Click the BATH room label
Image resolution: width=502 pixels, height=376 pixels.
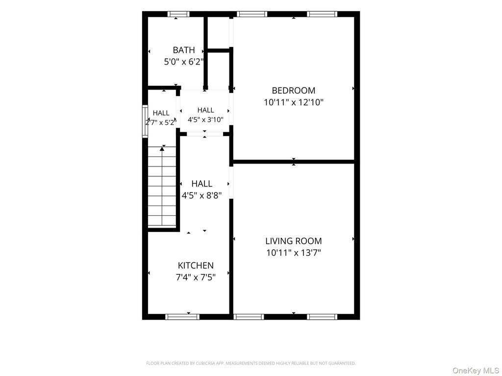point(184,50)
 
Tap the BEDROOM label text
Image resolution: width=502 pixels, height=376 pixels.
point(294,91)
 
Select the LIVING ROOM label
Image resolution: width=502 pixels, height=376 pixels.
point(294,241)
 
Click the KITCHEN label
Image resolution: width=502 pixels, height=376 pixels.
point(196,265)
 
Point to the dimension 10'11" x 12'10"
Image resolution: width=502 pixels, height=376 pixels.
point(294,102)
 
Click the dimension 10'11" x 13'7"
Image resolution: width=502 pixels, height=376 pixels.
point(294,253)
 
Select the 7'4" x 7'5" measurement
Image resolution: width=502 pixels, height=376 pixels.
point(196,277)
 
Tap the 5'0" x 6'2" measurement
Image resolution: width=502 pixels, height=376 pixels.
point(184,62)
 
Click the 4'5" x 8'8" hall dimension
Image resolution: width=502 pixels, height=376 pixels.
point(201,195)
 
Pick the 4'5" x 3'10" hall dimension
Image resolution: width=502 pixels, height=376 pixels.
point(205,120)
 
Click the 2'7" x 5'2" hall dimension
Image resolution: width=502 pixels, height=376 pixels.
point(161,122)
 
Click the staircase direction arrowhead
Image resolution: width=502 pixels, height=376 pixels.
point(162,149)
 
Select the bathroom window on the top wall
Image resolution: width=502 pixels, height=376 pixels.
point(178,14)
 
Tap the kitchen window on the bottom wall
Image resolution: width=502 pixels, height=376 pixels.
point(182,317)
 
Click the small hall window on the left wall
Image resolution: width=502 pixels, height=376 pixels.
point(145,121)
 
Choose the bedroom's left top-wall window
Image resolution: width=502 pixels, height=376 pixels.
point(252,14)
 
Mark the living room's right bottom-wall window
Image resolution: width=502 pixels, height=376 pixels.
point(322,317)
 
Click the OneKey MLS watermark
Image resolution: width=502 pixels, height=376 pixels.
point(476,371)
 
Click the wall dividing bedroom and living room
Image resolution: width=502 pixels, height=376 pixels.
point(294,162)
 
